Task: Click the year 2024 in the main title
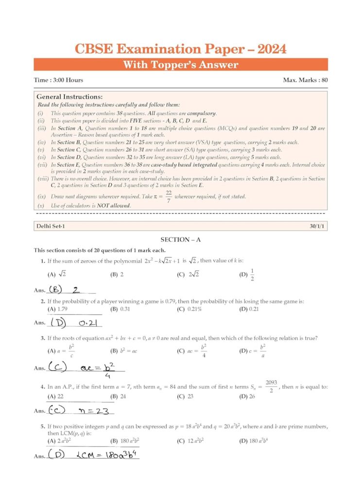(267, 49)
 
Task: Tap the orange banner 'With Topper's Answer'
(180, 65)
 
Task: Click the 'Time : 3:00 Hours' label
(58, 80)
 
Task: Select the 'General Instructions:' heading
(69, 97)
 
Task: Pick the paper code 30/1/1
(317, 226)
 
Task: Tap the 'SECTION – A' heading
(180, 240)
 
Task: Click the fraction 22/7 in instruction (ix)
(167, 196)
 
